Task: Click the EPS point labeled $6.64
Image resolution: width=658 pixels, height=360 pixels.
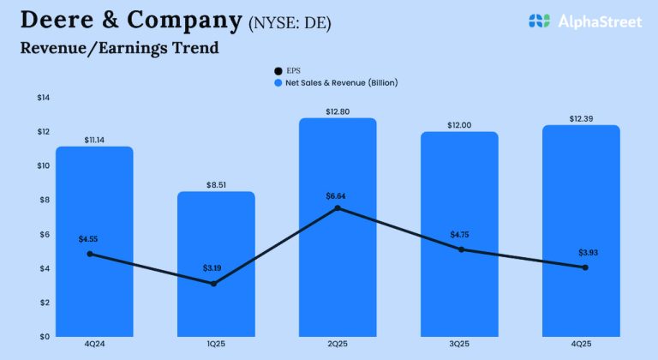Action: pyautogui.click(x=338, y=208)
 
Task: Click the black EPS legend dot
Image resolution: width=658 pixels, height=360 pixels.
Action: pyautogui.click(x=278, y=70)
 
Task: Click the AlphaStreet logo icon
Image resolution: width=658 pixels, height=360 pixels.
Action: pyautogui.click(x=538, y=21)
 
